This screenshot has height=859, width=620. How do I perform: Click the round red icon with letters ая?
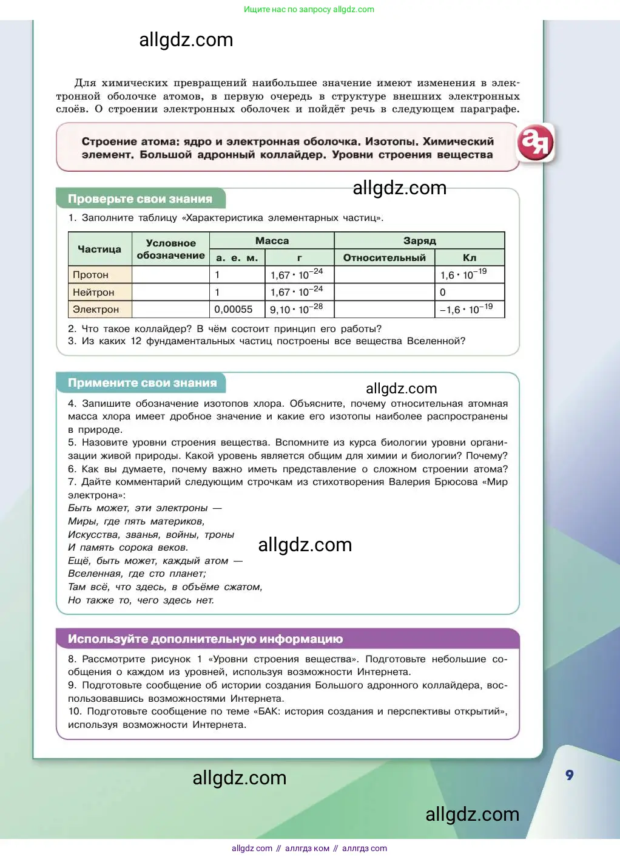click(535, 143)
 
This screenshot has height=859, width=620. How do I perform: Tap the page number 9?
click(569, 775)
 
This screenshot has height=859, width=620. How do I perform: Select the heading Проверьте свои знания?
click(140, 199)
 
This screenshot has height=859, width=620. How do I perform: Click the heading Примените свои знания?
click(142, 382)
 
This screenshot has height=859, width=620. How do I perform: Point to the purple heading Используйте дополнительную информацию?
click(205, 639)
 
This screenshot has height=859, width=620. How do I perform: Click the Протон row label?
click(91, 275)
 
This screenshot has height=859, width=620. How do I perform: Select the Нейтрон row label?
click(93, 292)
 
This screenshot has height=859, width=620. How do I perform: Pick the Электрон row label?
click(96, 309)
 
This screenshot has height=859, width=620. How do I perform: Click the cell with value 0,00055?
click(234, 309)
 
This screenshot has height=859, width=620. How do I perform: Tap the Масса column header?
click(272, 240)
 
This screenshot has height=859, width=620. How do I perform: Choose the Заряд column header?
click(419, 240)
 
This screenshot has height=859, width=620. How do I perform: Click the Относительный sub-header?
click(384, 257)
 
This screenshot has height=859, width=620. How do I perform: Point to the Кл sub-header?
click(470, 257)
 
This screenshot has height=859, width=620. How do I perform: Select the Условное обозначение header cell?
click(170, 249)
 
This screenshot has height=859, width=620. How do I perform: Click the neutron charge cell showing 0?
click(470, 292)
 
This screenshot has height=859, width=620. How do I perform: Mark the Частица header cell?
click(99, 249)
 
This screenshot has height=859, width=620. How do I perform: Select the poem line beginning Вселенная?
click(137, 574)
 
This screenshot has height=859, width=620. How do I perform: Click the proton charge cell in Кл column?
click(470, 275)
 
